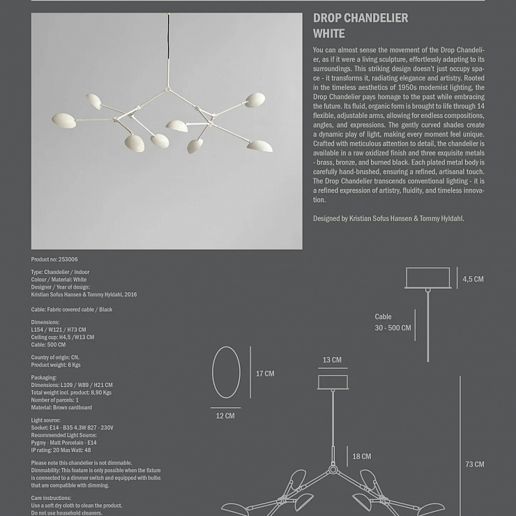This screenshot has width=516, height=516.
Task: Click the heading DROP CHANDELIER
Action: [361, 18]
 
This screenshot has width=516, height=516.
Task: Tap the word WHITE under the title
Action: [329, 33]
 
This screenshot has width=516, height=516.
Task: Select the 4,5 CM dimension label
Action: [473, 279]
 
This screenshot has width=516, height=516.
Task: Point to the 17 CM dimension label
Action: [265, 374]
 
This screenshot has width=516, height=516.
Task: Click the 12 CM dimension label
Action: [225, 416]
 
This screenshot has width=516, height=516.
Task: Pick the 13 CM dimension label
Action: [332, 361]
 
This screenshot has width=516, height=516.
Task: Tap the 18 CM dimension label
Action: [361, 457]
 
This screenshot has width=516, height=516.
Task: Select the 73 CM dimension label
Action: [474, 464]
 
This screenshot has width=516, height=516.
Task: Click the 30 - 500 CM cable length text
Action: [393, 328]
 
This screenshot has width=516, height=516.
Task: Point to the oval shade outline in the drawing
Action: [226, 372]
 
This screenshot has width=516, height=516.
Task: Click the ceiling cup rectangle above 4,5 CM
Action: [428, 278]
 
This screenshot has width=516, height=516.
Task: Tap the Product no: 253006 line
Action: [54, 259]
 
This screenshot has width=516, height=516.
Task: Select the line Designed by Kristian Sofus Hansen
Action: [388, 219]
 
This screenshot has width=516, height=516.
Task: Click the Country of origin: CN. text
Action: [55, 357]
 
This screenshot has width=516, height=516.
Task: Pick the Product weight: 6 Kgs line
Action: [56, 365]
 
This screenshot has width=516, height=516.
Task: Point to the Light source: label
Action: [46, 420]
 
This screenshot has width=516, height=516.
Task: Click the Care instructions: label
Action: [51, 499]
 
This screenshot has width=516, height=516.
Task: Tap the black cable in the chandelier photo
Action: [168, 42]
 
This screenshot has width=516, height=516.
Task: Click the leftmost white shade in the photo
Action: [63, 120]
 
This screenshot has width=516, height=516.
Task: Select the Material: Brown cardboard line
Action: [61, 407]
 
